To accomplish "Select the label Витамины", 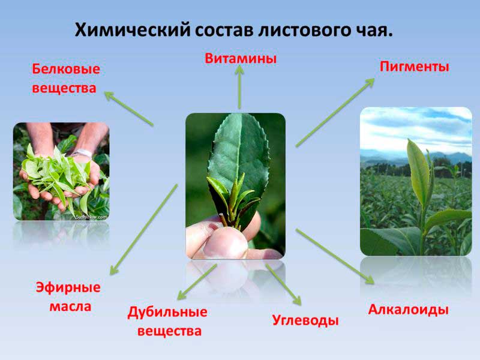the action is (x=241, y=58).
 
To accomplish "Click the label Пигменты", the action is (x=415, y=67).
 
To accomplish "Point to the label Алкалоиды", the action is (x=409, y=310).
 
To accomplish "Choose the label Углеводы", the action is (x=305, y=320).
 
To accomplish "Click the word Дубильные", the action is (x=167, y=312).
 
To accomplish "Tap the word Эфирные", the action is (x=68, y=287).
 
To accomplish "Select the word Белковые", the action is (x=66, y=69).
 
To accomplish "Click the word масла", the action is (x=70, y=307).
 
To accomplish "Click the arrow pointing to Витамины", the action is (x=239, y=87).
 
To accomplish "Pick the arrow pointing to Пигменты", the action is (x=335, y=112).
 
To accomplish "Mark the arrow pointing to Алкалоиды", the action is (x=335, y=256).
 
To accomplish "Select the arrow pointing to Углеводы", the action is (x=283, y=284).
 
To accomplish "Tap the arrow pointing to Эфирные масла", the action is (x=143, y=230).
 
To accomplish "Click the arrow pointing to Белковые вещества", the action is (x=128, y=109).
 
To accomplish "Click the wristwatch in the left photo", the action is (x=82, y=153).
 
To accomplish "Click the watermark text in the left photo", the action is (x=91, y=217).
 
